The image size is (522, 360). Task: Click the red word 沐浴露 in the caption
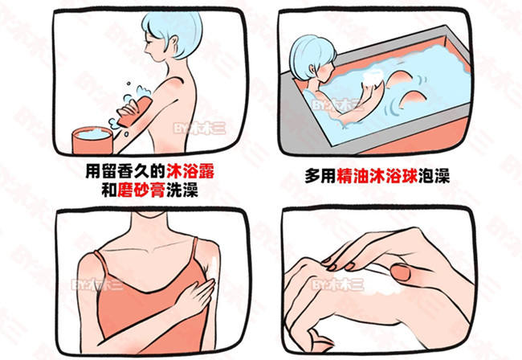190,172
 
